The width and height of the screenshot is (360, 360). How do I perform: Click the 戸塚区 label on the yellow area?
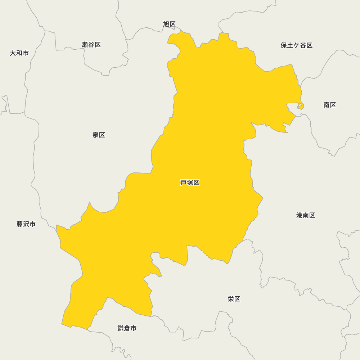click(190, 183)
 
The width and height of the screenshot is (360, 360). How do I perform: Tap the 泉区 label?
click(99, 135)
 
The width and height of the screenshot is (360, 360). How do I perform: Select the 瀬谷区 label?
click(91, 45)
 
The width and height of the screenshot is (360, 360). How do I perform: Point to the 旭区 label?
click(169, 24)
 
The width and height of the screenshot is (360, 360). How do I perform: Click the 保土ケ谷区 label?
click(296, 45)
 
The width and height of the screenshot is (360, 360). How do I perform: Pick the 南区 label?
click(329, 105)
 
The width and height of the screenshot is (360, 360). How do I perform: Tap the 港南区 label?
click(306, 215)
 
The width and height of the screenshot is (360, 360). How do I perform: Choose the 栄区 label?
click(234, 299)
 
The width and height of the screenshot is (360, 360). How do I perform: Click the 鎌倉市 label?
click(127, 328)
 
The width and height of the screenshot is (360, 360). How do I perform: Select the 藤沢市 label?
click(26, 224)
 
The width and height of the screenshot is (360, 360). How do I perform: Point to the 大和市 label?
click(19, 53)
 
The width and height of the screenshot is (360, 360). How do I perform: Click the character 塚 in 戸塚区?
click(190, 183)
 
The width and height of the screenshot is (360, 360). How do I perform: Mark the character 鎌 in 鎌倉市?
click(121, 328)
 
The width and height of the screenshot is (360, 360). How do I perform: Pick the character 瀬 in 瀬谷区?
click(85, 45)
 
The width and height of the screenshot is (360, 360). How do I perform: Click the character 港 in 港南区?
click(300, 215)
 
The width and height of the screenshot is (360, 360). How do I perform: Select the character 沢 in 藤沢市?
click(26, 224)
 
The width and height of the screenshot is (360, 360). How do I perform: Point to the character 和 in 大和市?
click(19, 53)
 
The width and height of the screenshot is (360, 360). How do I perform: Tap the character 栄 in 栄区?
click(231, 299)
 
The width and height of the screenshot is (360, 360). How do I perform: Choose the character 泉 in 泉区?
click(95, 135)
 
